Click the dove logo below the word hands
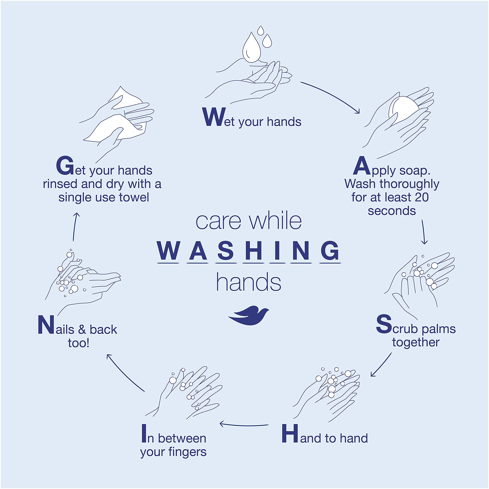tap(249, 315)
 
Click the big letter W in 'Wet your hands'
tap(214, 117)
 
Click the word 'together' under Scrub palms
tap(416, 342)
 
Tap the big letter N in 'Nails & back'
tap(46, 325)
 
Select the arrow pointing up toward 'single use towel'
tap(74, 227)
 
